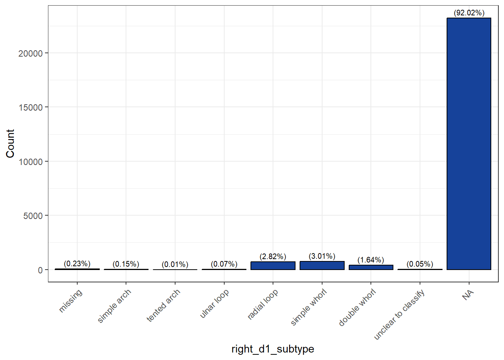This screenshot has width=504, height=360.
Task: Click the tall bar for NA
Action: (x=469, y=144)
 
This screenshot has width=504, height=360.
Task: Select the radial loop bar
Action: (x=273, y=266)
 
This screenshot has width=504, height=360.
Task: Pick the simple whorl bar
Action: (x=322, y=265)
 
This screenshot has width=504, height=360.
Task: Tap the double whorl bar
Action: (x=371, y=267)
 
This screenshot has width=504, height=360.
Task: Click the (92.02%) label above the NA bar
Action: (x=469, y=13)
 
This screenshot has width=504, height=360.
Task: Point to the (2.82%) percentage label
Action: (x=273, y=256)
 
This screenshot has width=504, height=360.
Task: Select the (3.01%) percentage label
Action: (x=322, y=256)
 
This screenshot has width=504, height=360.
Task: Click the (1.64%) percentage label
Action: (x=371, y=260)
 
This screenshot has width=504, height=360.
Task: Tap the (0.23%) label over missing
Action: (x=77, y=264)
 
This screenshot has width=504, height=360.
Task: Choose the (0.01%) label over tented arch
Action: (x=175, y=264)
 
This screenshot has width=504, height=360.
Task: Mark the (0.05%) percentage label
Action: (x=420, y=264)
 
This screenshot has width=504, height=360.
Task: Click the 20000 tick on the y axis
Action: (x=31, y=53)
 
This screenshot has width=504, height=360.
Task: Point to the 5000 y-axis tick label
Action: (x=33, y=216)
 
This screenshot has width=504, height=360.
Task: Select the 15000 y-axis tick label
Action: (x=31, y=108)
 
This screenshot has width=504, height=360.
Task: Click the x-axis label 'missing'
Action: (x=70, y=301)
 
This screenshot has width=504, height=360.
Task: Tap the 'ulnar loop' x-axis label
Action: (x=214, y=304)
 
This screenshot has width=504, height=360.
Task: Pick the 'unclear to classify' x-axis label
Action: (x=400, y=315)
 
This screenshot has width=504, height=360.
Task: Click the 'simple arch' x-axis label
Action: (x=114, y=306)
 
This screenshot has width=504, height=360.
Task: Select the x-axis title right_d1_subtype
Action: (x=273, y=349)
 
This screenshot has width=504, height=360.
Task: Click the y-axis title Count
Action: (x=10, y=144)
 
